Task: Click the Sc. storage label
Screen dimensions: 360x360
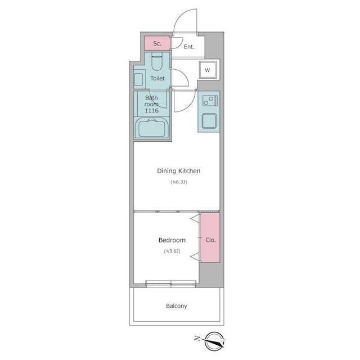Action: coord(157,43)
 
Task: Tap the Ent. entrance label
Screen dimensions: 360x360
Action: coord(189,47)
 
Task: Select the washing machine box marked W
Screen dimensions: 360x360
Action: coord(208,70)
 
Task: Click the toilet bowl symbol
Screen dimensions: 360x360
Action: coord(157,61)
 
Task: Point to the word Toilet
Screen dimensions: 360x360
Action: coord(157,78)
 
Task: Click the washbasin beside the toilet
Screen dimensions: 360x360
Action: coord(139,79)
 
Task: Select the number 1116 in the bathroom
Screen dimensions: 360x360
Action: coord(151,110)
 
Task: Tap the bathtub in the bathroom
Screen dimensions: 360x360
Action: coord(152,128)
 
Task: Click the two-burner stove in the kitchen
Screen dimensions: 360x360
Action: coord(210,101)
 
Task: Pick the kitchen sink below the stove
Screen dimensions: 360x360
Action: coord(209,121)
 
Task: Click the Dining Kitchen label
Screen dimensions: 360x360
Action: coord(179,171)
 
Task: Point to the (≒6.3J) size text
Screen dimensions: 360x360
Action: coord(179,182)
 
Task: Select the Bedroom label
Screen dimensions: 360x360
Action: coord(172,240)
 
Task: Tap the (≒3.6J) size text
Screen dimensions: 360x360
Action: coord(172,251)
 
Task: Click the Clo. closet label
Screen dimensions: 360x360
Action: coord(210,240)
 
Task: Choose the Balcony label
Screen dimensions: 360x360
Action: coord(176,306)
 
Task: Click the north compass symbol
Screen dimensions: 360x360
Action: coord(214,341)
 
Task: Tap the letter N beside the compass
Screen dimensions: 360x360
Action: coord(197,338)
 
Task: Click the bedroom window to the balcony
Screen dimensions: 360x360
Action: coord(171,284)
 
